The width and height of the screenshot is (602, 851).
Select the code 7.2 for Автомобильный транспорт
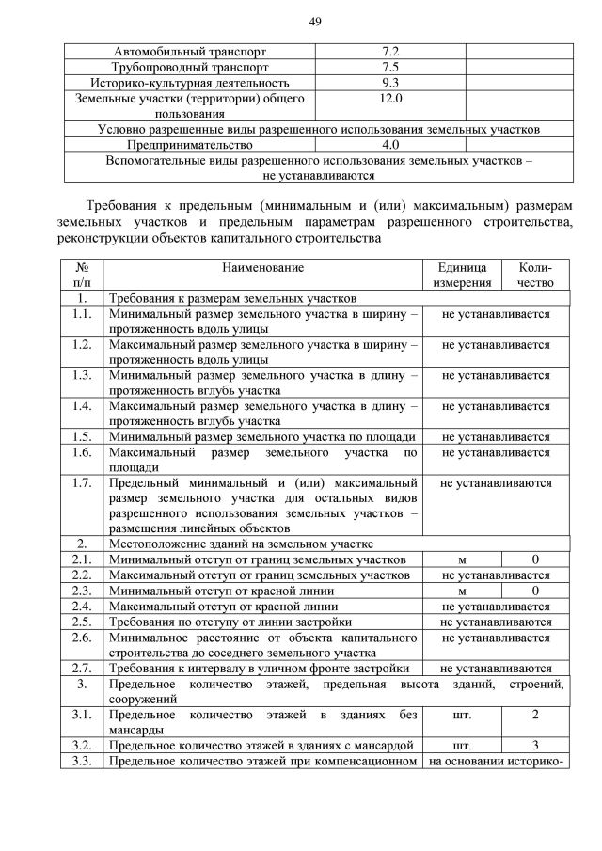391,51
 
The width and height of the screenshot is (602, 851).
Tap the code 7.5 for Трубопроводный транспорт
391,67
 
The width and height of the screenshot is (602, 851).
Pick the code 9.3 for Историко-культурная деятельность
391,83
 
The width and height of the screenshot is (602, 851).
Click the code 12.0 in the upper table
391,98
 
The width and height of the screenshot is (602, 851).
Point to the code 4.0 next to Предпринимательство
391,146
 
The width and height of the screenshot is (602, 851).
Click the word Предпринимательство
191,146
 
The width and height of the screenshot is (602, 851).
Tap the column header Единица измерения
462,275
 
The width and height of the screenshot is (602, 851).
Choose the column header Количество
534,275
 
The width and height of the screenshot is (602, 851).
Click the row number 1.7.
82,483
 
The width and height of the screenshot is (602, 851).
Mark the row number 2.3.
82,591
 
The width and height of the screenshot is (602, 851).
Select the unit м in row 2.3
462,591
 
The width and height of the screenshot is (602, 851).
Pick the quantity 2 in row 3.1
535,715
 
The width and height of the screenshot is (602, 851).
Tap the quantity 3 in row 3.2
535,745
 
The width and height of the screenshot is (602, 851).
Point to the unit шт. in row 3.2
462,745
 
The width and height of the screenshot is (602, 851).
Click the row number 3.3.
82,761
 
